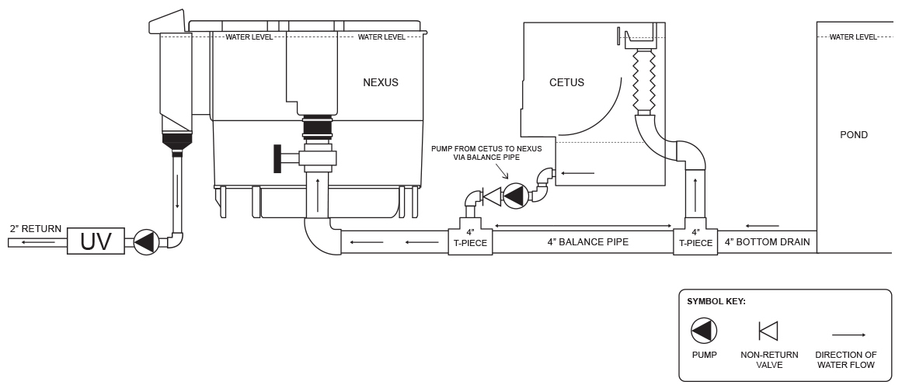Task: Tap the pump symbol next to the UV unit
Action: [146, 242]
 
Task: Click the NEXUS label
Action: [381, 82]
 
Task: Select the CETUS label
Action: [566, 82]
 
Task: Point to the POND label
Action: [854, 135]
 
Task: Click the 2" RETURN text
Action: [36, 229]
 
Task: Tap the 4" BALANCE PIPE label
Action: [587, 242]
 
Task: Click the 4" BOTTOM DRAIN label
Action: [767, 242]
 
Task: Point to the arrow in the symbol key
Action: [848, 335]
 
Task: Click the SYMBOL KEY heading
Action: [716, 301]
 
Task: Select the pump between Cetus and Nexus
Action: [514, 196]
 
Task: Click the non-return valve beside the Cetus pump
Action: [492, 196]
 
